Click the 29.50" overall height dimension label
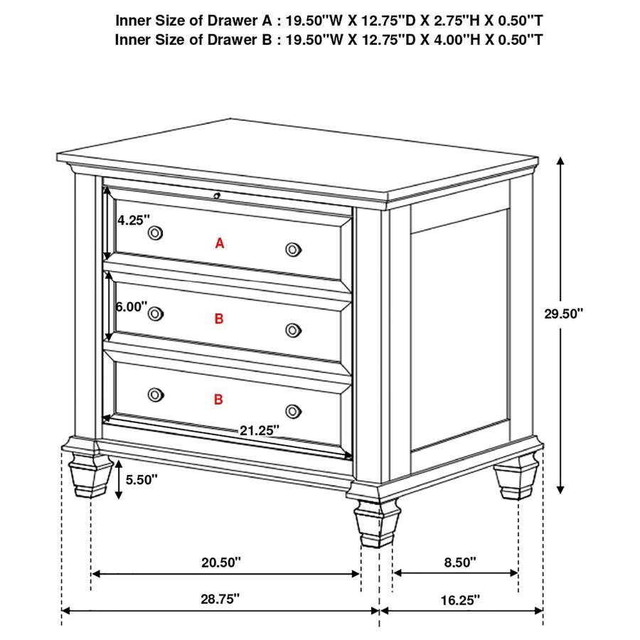click(x=564, y=314)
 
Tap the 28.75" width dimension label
click(x=220, y=599)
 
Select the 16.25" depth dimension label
click(x=460, y=600)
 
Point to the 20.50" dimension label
click(x=221, y=562)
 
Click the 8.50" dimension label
click(x=460, y=562)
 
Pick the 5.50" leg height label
click(x=142, y=479)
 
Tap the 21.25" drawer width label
click(x=260, y=430)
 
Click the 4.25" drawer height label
click(x=134, y=220)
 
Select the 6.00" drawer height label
click(x=132, y=306)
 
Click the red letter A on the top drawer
click(x=220, y=243)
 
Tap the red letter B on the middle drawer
click(x=219, y=319)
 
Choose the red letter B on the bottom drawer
click(x=219, y=399)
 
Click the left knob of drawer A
click(x=155, y=233)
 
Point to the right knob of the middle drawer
click(x=293, y=330)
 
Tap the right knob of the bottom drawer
click(x=293, y=412)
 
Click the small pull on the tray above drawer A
click(x=217, y=196)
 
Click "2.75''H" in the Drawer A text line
click(x=456, y=20)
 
